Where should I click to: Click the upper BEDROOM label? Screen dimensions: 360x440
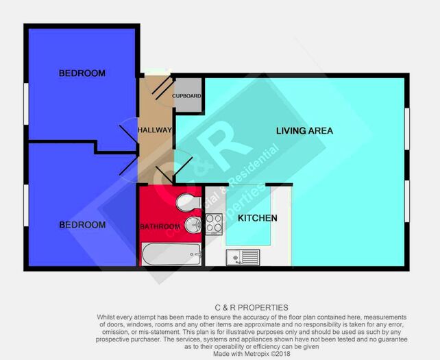[x=82, y=73]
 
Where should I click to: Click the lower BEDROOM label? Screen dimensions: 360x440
[x=82, y=225]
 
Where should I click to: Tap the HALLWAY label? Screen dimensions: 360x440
[x=154, y=130]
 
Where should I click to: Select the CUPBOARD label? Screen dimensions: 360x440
[x=186, y=96]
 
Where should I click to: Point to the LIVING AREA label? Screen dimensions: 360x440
[x=304, y=130]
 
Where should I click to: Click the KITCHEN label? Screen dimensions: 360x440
[x=258, y=218]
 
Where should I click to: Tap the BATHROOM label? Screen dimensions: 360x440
[x=160, y=226]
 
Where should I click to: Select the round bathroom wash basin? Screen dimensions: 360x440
[x=191, y=225]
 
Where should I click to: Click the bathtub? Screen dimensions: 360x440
[x=171, y=254]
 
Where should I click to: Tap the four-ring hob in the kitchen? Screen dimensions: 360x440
[x=213, y=223]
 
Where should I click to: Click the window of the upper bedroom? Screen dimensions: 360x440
[x=25, y=104]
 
